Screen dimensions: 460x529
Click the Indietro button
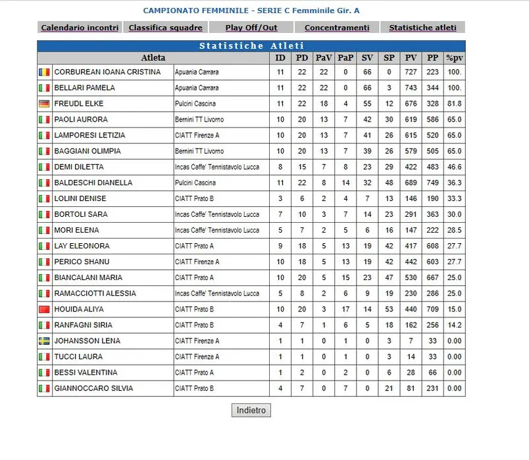[x=251, y=410]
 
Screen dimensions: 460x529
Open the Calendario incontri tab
[x=80, y=28]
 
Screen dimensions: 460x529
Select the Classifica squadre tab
[x=166, y=28]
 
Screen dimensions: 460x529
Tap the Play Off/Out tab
[x=251, y=28]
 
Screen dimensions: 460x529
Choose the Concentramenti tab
[x=337, y=28]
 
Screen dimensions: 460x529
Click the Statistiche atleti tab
[x=422, y=28]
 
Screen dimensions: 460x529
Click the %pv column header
[x=454, y=58]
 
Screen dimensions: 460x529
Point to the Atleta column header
[x=153, y=58]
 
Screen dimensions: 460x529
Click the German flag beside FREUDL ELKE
[x=44, y=104]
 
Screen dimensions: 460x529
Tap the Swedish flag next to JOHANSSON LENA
[x=44, y=341]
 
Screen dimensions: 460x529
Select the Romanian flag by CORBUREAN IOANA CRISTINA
[x=44, y=72]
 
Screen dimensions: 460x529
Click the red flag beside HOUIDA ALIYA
[x=44, y=310]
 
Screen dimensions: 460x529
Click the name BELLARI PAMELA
[x=84, y=88]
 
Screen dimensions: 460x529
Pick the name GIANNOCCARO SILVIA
[x=93, y=388]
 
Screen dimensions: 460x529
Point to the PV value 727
[x=411, y=72]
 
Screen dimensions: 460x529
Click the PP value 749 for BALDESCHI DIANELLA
[x=432, y=183]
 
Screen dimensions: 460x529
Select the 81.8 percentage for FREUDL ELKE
[x=454, y=104]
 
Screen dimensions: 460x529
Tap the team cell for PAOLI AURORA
[x=199, y=120]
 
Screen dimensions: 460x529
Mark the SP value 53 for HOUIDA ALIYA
[x=389, y=310]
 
